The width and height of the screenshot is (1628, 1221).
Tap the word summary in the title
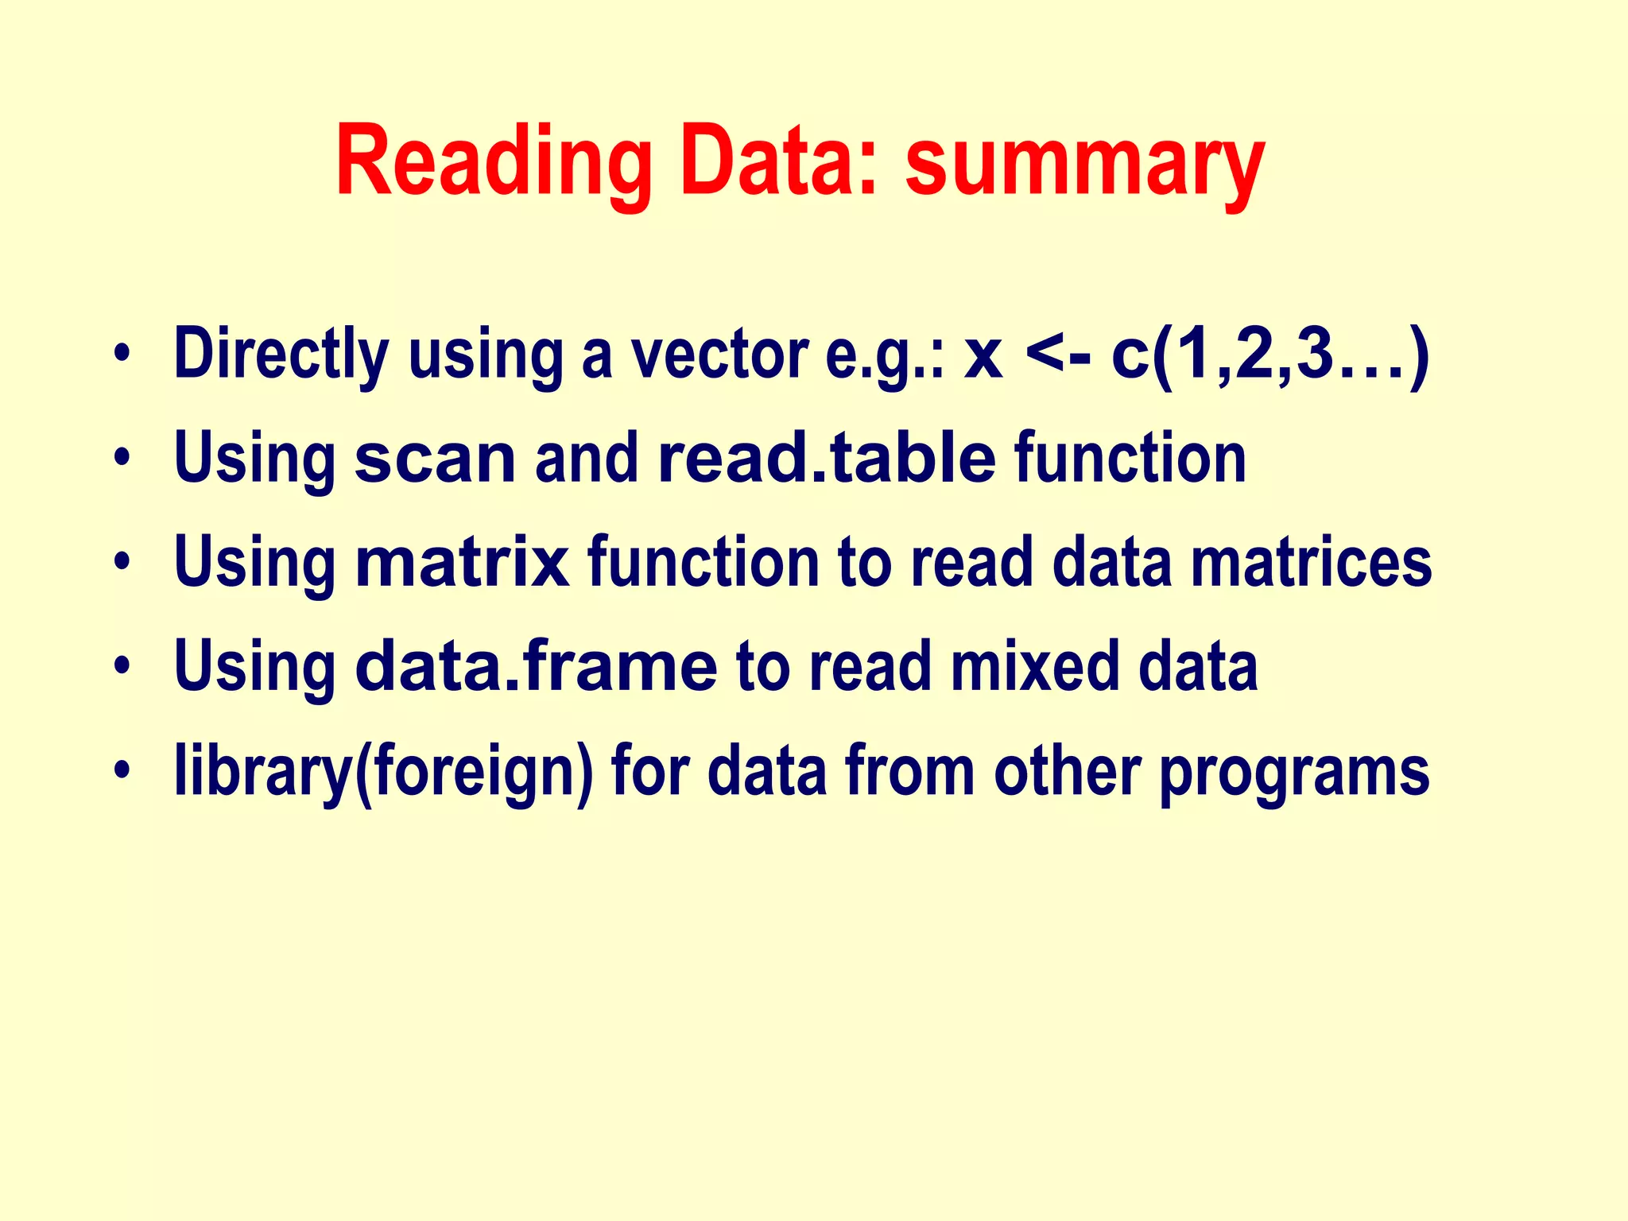click(x=1084, y=161)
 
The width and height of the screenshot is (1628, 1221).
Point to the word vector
click(x=719, y=354)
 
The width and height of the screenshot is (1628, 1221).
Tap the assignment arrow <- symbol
click(x=1058, y=355)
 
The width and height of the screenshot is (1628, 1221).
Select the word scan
click(x=435, y=459)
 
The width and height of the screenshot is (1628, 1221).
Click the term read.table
click(x=827, y=459)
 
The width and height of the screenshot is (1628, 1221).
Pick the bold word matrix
click(x=463, y=563)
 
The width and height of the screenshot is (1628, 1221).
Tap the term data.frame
click(x=536, y=667)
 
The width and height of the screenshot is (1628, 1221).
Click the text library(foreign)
click(x=383, y=772)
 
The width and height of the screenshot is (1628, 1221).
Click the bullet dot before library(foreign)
click(x=121, y=770)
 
